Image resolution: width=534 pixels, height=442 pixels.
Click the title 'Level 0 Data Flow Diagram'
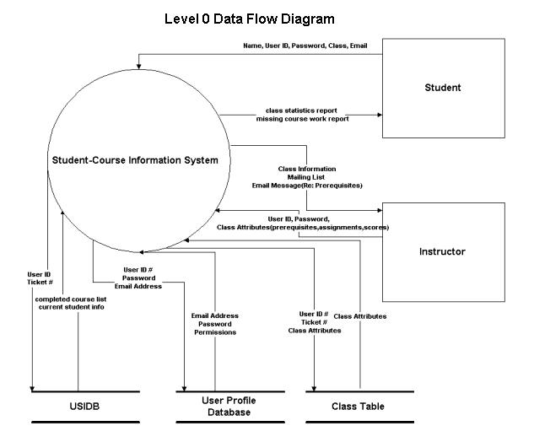(x=250, y=19)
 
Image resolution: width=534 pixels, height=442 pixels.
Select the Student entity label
(x=443, y=88)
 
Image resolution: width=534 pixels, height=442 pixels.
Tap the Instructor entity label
(x=442, y=251)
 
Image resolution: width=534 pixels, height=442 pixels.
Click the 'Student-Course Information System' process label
(x=135, y=160)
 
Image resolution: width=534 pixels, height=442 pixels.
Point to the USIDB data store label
(x=84, y=407)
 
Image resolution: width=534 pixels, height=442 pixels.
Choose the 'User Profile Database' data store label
(x=229, y=407)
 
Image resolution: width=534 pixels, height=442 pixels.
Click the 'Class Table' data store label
(x=358, y=407)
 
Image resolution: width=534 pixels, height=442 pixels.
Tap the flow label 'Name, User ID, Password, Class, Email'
(x=305, y=46)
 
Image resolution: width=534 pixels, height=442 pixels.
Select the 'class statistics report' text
(x=301, y=110)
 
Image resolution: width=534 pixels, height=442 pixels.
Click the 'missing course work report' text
(x=302, y=119)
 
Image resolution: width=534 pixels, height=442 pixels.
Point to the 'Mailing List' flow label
(x=306, y=177)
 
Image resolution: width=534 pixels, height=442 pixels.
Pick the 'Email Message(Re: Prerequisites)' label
(x=307, y=186)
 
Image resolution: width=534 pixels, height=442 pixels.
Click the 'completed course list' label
(x=71, y=299)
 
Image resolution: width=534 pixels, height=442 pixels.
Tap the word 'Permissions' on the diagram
(x=215, y=332)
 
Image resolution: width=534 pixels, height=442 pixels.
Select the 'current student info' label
(x=71, y=307)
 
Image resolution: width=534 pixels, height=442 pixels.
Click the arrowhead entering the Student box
(x=380, y=115)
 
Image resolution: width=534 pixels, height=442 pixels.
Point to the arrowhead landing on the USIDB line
(x=32, y=389)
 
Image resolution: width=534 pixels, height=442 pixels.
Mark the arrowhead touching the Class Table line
(x=314, y=389)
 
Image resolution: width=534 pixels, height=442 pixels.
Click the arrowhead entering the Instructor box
(x=380, y=210)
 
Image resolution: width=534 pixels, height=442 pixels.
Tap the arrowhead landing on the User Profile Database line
(x=184, y=389)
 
